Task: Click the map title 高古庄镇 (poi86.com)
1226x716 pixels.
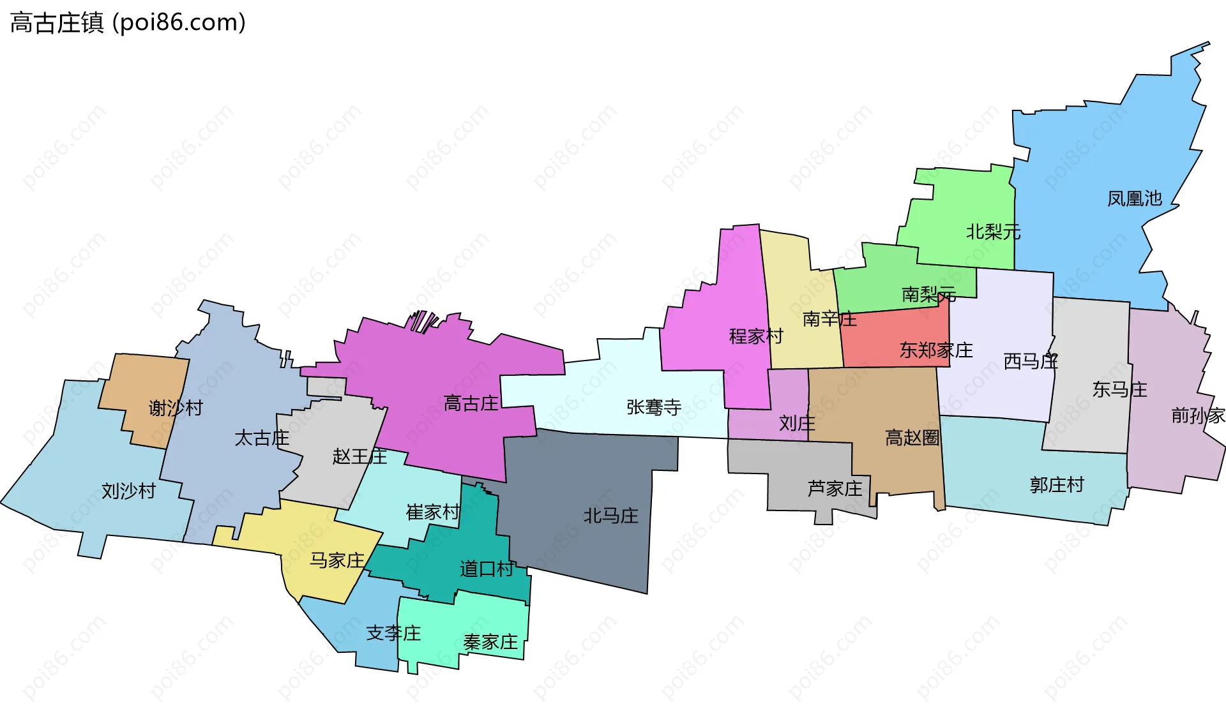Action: coord(128,23)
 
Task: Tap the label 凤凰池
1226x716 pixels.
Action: coord(1134,198)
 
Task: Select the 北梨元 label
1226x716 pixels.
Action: coord(993,232)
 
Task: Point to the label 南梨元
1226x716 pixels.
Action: coord(928,294)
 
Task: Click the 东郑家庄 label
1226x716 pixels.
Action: coord(936,350)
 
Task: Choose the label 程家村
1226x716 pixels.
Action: coord(756,336)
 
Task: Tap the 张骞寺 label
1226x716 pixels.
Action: coord(654,407)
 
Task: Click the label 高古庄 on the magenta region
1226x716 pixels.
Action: coord(471,403)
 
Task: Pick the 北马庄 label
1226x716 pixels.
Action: coord(610,516)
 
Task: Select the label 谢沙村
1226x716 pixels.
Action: coord(176,408)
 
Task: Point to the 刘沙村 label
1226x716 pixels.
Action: coord(128,491)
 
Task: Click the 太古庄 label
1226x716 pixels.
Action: coord(262,438)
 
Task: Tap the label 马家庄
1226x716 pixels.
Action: coord(337,560)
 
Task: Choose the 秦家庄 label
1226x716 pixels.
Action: coord(490,642)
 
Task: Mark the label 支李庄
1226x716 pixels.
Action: coord(393,633)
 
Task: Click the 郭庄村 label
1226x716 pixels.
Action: coord(1057,485)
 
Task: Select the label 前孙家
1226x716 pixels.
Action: coord(1198,415)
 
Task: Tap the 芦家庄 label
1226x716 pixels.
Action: coord(835,489)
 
